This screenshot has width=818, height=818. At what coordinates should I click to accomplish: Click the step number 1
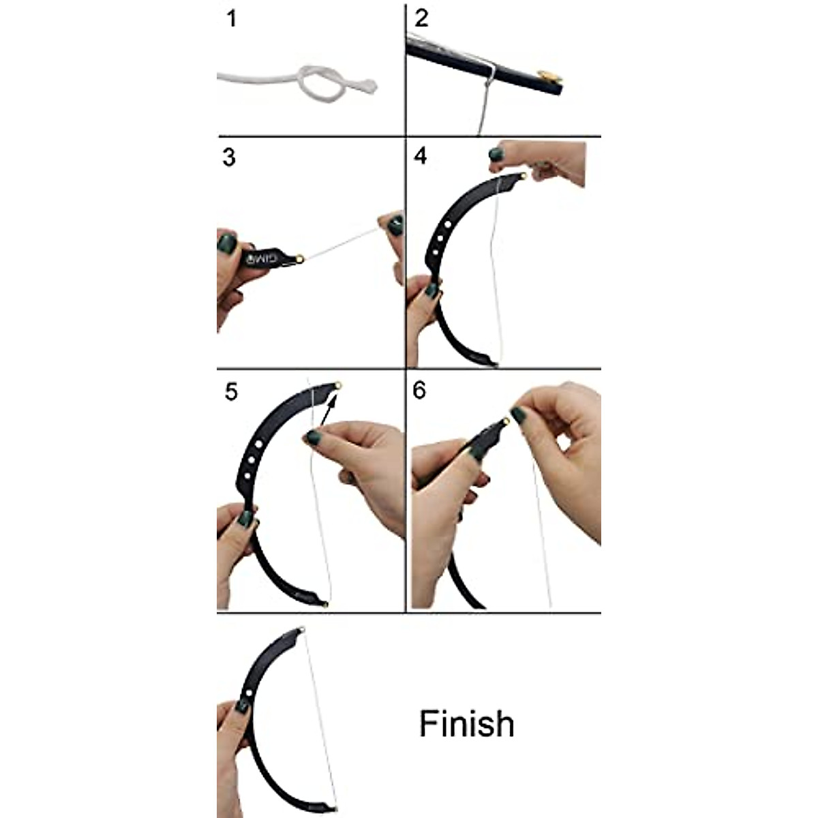(x=232, y=18)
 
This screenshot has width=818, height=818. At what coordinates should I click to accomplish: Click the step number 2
(x=421, y=18)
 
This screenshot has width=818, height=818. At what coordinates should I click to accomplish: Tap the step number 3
(x=229, y=157)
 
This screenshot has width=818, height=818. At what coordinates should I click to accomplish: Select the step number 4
(x=421, y=156)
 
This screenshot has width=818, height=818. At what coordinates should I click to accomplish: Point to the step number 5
(x=231, y=393)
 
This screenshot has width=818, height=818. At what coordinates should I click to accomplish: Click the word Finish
(x=466, y=724)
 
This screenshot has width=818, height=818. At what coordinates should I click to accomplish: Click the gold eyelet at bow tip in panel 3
(x=299, y=258)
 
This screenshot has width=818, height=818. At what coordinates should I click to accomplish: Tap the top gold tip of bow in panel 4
(x=522, y=177)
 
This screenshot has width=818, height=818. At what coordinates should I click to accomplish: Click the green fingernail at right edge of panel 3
(x=393, y=224)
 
